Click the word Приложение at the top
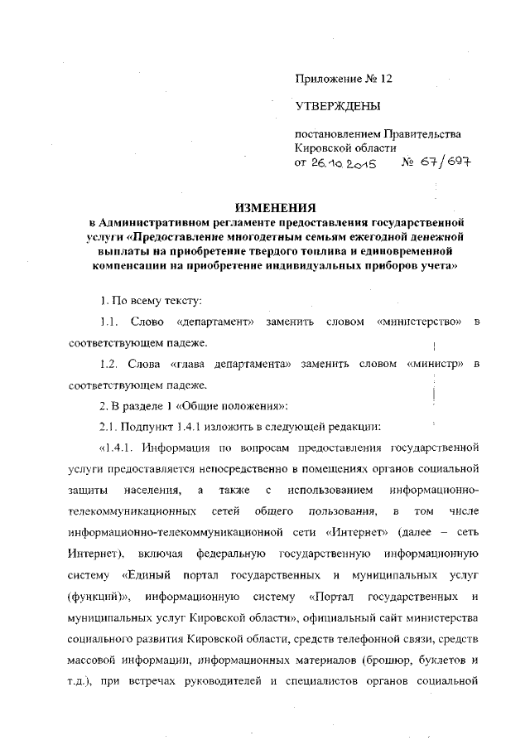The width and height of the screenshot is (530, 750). click(x=329, y=80)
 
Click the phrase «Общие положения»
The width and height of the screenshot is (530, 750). click(x=242, y=406)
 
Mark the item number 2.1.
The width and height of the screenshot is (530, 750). click(x=109, y=428)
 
